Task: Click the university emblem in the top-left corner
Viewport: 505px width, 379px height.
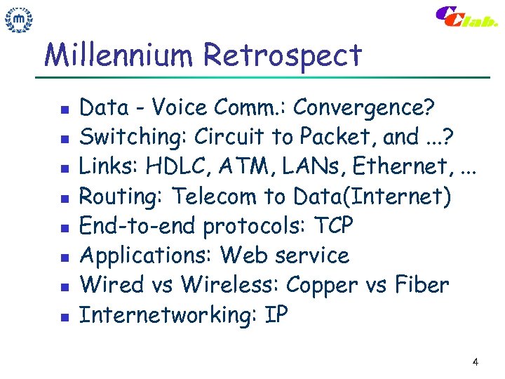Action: click(20, 19)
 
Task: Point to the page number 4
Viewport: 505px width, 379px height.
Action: click(476, 362)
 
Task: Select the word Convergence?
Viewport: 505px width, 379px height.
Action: click(364, 108)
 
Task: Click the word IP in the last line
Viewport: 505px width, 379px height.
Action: click(276, 315)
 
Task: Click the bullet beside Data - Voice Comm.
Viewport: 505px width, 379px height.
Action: click(63, 110)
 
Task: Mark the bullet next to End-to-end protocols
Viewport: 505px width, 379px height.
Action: click(63, 228)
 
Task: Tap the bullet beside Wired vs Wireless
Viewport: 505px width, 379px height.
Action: click(63, 287)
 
